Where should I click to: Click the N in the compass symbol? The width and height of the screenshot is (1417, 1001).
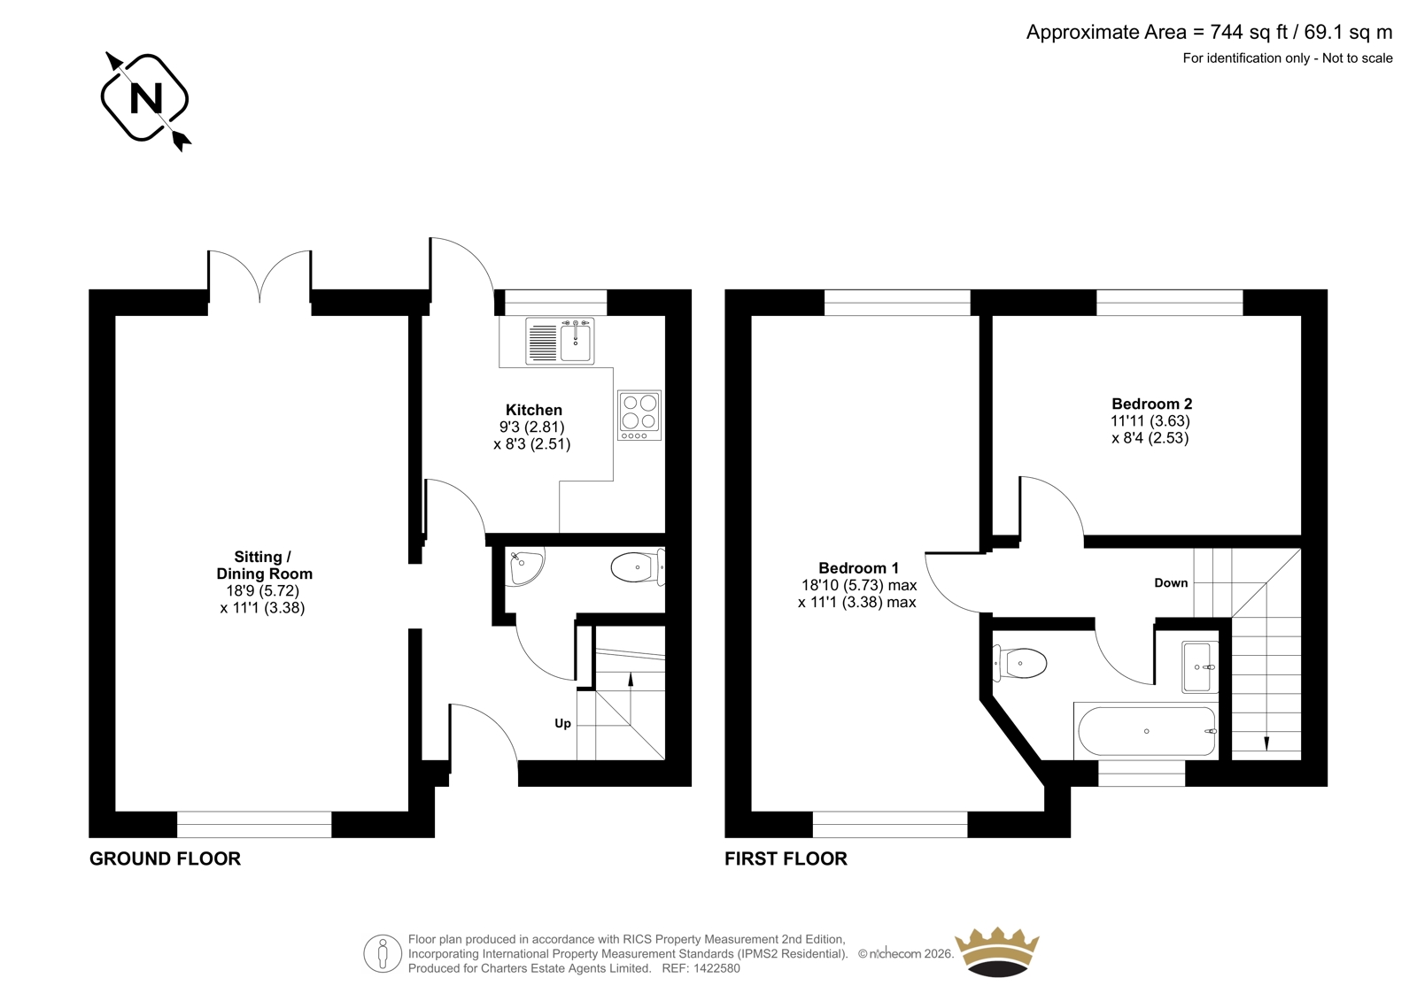(x=145, y=98)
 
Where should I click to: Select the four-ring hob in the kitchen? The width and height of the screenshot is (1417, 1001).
(x=639, y=415)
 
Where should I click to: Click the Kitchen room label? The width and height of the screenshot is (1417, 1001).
(x=533, y=410)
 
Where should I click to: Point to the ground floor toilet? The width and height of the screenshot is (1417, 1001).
(x=638, y=566)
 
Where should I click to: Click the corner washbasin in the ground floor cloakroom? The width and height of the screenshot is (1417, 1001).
(x=524, y=566)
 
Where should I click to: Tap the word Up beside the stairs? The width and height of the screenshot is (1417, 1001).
(x=562, y=723)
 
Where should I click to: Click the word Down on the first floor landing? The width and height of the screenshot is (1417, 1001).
(x=1171, y=582)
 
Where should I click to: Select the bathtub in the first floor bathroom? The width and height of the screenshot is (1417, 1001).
(x=1146, y=731)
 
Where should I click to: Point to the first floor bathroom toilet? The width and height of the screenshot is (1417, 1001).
(x=1019, y=663)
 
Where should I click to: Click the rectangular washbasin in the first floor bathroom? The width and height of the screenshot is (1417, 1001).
(x=1199, y=667)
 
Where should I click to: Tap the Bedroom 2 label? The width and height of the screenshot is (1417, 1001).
(x=1152, y=404)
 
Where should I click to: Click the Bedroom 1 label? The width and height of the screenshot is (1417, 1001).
(x=858, y=568)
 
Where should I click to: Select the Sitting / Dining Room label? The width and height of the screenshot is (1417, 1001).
(x=265, y=565)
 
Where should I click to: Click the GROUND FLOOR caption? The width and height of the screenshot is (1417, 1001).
(x=165, y=859)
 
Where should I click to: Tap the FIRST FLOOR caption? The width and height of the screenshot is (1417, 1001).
(x=786, y=859)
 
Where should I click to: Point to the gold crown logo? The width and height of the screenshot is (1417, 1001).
(x=997, y=952)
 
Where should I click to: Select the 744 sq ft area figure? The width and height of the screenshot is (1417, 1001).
(x=1250, y=32)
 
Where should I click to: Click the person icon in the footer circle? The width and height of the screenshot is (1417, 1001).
(x=382, y=954)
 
